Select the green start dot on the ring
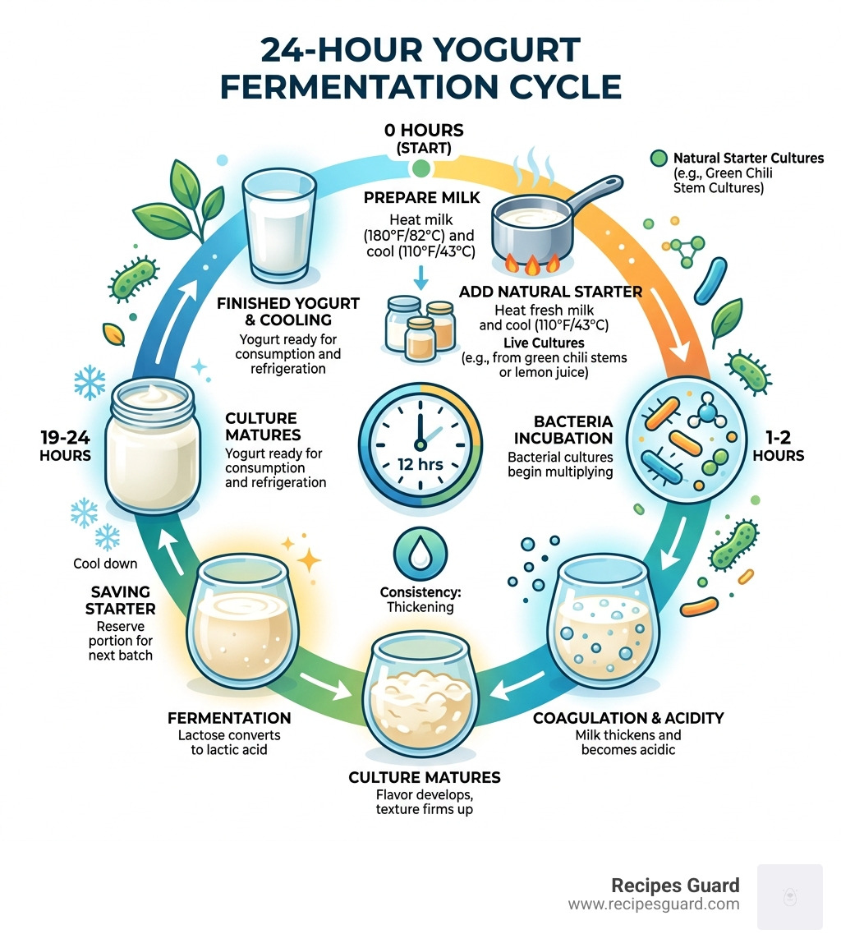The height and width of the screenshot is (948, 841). pyautogui.click(x=420, y=169)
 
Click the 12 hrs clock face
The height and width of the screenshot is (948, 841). pyautogui.click(x=420, y=444)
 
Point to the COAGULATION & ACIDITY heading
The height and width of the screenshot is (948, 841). pyautogui.click(x=628, y=718)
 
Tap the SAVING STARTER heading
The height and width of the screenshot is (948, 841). pyautogui.click(x=122, y=600)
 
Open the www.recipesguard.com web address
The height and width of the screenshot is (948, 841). pyautogui.click(x=653, y=904)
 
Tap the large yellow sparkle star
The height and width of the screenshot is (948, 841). pyautogui.click(x=310, y=558)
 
